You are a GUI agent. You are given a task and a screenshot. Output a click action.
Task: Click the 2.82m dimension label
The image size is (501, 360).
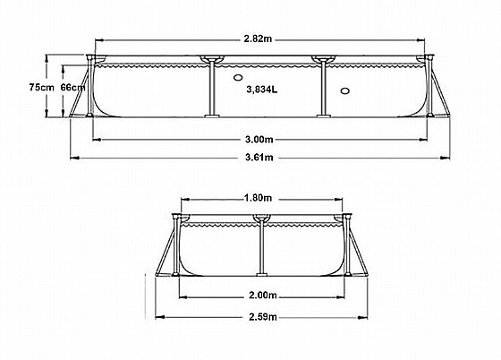pos(259,39)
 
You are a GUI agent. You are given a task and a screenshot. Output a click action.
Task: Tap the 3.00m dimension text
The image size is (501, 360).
pos(259,140)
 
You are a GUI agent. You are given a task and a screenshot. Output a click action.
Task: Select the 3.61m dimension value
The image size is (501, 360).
pos(259,158)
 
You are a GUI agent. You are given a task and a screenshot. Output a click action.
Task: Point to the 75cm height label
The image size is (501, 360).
pos(41,87)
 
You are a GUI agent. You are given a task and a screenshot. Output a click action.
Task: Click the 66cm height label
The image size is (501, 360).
pos(73,87)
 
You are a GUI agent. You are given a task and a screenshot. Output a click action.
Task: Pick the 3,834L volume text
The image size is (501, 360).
pos(262,90)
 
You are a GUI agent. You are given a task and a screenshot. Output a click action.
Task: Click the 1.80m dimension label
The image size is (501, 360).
pos(258,198)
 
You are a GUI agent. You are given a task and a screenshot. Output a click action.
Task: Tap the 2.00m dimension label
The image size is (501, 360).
pos(263,296)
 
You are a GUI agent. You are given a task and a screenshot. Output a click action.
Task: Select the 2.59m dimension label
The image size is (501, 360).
pos(263,317)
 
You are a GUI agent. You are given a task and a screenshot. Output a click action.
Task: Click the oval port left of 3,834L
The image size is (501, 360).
pos(238,77)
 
